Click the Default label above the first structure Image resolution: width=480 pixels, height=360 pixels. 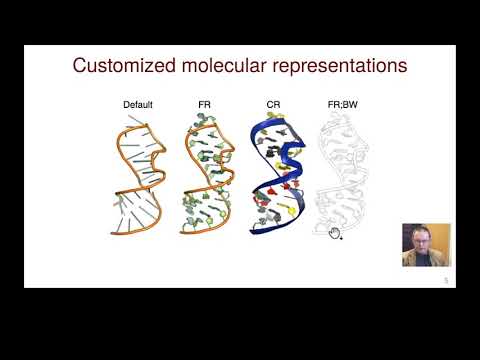coord(137,104)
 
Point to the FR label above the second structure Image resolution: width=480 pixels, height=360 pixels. coord(204,104)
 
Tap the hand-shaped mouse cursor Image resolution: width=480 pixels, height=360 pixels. coord(335,234)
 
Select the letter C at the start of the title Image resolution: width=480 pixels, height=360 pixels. coord(80,67)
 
